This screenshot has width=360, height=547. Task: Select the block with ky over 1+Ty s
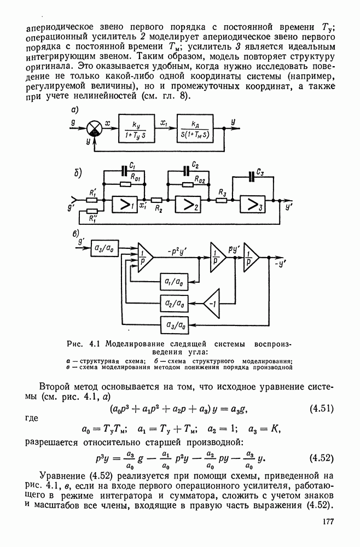137,130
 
